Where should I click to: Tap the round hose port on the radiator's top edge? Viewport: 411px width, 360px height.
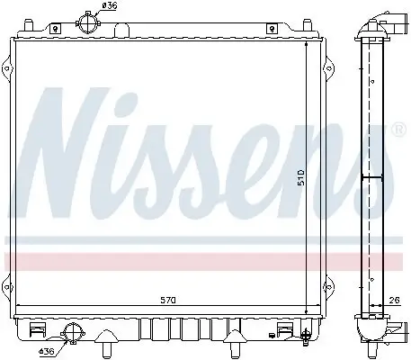tap(87, 22)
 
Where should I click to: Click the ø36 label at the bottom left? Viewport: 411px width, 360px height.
tap(45, 352)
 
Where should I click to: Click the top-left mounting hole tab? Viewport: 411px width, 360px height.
tap(56, 29)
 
